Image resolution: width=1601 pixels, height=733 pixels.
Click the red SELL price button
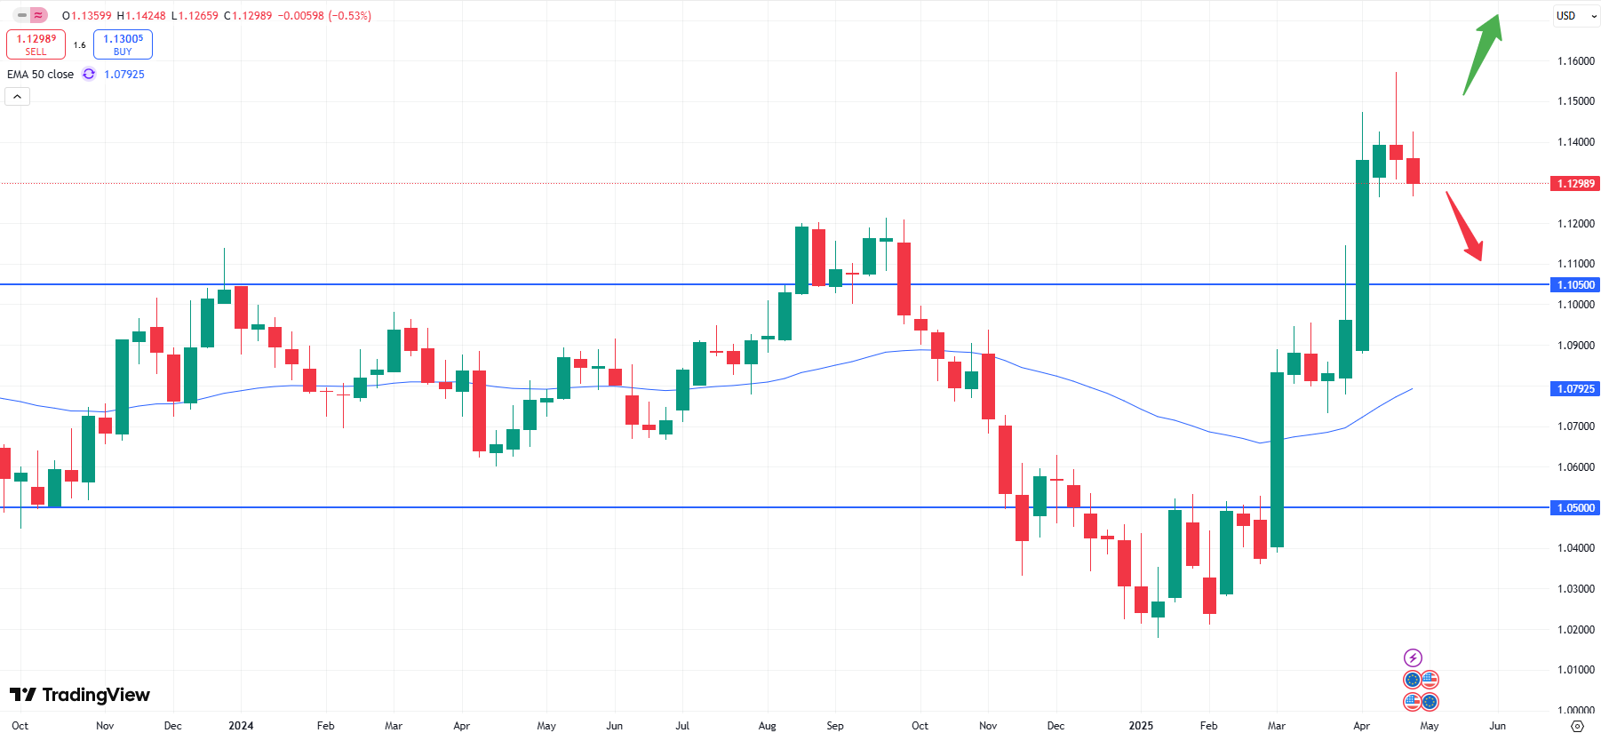[36, 44]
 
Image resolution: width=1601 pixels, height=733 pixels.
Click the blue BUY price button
[123, 44]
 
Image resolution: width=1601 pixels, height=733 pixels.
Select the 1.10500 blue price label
[1575, 285]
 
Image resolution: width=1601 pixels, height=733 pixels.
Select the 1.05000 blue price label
[1575, 508]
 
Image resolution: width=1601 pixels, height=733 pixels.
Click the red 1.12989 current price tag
[1575, 184]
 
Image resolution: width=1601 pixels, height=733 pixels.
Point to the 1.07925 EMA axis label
[1575, 389]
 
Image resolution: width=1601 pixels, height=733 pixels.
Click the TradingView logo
[80, 695]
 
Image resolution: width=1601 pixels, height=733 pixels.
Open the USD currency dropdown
[1575, 16]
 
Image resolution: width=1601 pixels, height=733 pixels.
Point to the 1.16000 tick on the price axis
[1575, 61]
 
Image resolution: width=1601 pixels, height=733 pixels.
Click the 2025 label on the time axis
[1141, 726]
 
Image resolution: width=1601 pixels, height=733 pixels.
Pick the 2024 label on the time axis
[241, 726]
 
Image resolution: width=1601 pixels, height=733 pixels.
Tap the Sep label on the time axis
[834, 726]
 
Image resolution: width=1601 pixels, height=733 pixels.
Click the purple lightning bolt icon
[1413, 657]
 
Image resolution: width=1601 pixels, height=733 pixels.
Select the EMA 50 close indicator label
[41, 75]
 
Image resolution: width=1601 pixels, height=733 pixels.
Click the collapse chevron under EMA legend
[18, 96]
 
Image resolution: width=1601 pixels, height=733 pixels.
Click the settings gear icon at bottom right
[1578, 726]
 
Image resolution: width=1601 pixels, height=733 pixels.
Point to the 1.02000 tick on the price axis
[1575, 630]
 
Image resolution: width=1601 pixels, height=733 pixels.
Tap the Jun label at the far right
[1497, 726]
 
